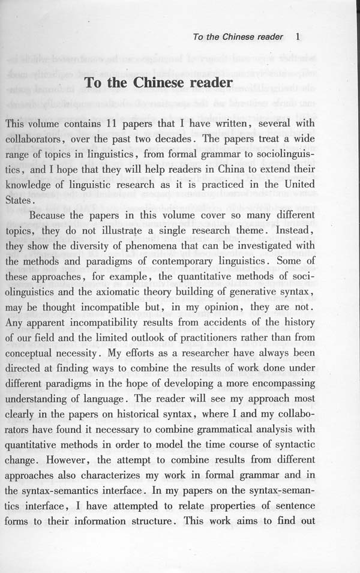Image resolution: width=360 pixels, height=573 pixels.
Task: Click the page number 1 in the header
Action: pyautogui.click(x=298, y=37)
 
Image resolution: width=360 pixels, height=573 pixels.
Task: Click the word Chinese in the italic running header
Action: pyautogui.click(x=238, y=37)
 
